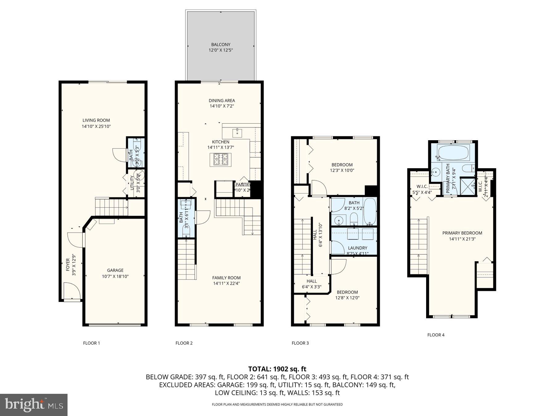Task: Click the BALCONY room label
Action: pos(220,45)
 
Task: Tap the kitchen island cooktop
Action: pos(221,159)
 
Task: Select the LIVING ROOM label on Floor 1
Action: pos(96,120)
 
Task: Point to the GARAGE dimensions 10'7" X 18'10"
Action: pos(115,276)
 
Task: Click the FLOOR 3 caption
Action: pos(300,343)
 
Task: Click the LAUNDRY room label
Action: pos(357,248)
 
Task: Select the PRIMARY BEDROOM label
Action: pos(462,233)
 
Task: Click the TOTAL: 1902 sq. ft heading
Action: pos(277,369)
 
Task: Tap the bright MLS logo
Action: pos(34,405)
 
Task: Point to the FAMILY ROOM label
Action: pos(226,278)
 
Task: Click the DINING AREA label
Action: pos(222,100)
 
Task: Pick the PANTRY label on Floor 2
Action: pos(243,185)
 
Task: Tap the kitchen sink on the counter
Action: pos(237,133)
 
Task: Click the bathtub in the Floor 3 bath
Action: pos(370,211)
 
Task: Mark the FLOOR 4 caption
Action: pos(436,335)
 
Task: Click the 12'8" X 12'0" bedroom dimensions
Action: pos(347,298)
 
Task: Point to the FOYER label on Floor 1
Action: pos(68,265)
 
